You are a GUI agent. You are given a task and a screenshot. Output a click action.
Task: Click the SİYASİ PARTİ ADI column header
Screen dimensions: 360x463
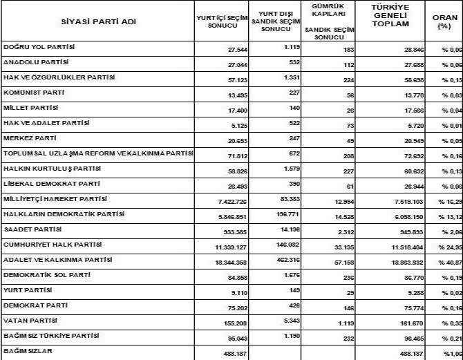click(99, 21)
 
